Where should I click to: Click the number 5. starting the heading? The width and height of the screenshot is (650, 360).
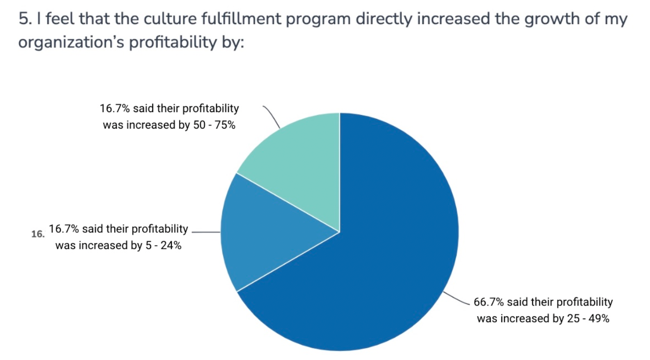coord(25,20)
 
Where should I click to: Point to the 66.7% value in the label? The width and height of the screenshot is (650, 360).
coord(488,302)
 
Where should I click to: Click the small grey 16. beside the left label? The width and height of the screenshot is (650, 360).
coord(38,234)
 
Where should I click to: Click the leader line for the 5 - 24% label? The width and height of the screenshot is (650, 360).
coord(205,232)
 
